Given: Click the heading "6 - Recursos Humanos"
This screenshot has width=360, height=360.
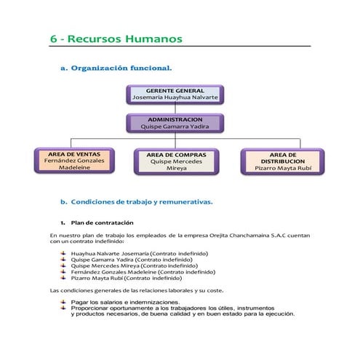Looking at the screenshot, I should point(116,38).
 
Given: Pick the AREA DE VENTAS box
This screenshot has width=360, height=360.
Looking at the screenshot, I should point(73,161).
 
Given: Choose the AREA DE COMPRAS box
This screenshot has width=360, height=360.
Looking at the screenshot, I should point(176,161).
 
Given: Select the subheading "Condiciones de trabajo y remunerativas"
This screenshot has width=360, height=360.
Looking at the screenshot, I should point(141,202).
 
